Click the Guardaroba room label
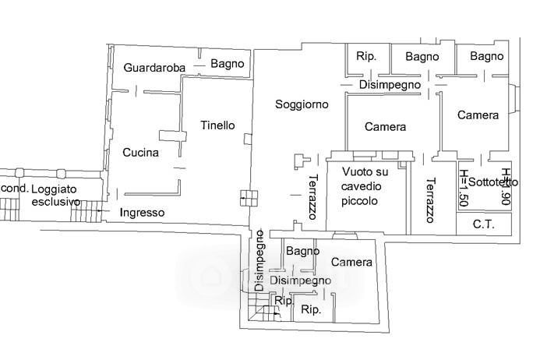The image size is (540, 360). [154, 69]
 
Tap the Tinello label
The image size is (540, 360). [217, 125]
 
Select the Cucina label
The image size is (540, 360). [140, 153]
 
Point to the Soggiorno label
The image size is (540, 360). [302, 104]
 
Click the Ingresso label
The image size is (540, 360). [142, 212]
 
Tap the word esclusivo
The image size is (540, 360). [56, 202]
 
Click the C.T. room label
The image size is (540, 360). [485, 224]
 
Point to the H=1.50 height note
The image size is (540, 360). [464, 187]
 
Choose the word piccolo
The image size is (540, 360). [359, 200]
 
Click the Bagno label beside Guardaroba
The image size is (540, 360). [228, 64]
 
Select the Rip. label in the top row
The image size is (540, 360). [366, 56]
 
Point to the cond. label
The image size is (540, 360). [14, 189]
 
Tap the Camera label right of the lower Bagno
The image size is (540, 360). [351, 263]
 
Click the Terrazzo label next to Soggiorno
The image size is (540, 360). [312, 196]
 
